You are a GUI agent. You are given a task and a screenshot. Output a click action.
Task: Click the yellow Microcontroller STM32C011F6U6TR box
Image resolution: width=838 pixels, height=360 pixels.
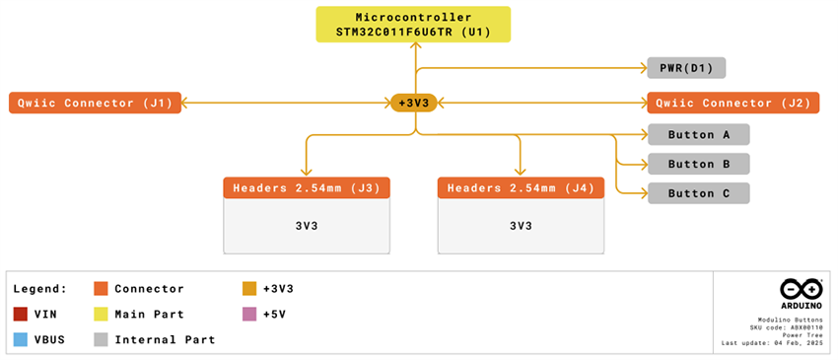tap(415, 25)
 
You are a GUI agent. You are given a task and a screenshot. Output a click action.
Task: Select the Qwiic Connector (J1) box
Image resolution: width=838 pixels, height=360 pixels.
tap(95, 103)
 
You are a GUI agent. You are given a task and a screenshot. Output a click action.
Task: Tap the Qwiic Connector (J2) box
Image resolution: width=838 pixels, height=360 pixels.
tap(733, 103)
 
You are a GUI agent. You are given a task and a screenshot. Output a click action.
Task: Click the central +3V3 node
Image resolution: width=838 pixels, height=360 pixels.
tap(414, 103)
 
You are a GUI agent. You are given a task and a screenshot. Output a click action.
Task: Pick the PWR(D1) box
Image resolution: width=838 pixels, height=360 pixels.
tap(686, 68)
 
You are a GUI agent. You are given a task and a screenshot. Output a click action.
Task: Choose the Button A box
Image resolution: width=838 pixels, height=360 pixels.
tap(698, 135)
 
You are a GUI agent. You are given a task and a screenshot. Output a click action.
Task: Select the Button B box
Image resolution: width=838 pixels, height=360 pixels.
tap(698, 165)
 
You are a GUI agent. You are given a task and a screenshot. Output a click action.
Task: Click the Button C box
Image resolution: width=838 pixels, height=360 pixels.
tap(698, 193)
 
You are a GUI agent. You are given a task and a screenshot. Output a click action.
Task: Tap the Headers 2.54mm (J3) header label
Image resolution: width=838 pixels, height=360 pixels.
tap(307, 188)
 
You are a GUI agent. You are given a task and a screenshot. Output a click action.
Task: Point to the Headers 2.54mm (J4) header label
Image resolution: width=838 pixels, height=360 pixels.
tap(521, 188)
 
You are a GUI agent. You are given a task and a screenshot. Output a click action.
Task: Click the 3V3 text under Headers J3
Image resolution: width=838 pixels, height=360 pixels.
tap(307, 226)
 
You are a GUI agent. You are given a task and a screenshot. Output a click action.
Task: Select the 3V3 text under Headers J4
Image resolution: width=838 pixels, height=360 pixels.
tap(521, 226)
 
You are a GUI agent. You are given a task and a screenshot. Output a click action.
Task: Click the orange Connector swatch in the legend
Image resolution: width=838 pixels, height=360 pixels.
tap(100, 289)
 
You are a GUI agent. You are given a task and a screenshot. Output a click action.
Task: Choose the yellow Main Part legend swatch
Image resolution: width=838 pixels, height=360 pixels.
tap(100, 314)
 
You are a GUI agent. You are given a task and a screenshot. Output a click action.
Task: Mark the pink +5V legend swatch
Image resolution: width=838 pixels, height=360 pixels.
tap(248, 314)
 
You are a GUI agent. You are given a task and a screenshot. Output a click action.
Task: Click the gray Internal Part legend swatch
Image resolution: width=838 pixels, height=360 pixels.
tap(100, 339)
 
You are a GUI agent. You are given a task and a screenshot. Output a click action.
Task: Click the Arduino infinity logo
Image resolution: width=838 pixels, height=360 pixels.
tap(801, 289)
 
